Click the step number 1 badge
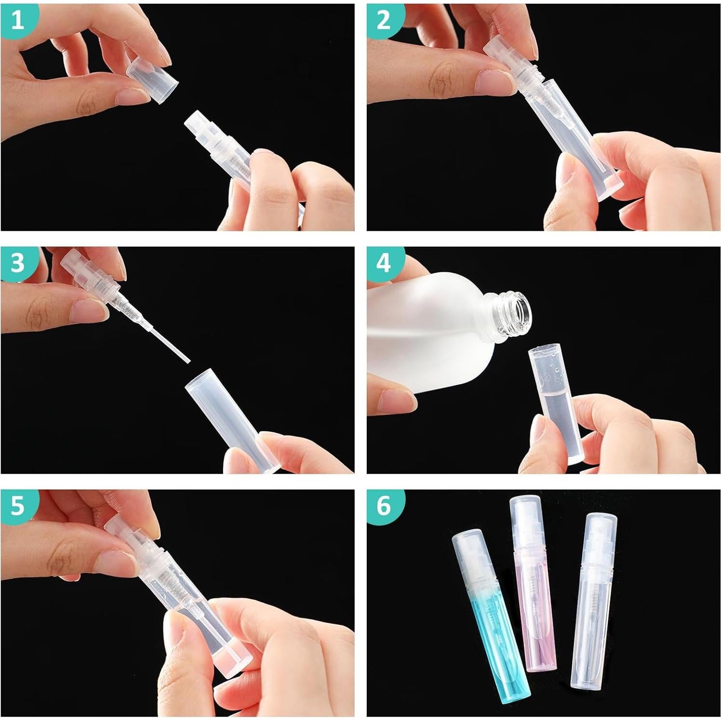17,20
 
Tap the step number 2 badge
384,20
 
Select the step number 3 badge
17,263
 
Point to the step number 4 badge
384,263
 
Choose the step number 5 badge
17,506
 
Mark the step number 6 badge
384,506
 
